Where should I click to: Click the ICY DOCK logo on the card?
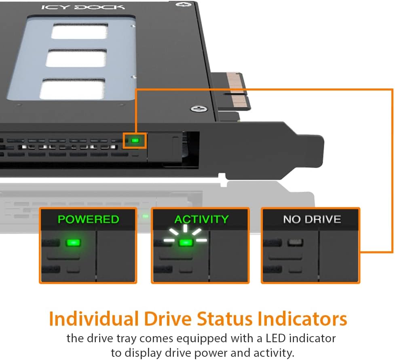pyautogui.click(x=83, y=7)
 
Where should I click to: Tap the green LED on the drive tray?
pyautogui.click(x=135, y=141)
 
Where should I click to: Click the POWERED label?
pyautogui.click(x=89, y=219)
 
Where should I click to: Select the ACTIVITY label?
pyautogui.click(x=201, y=219)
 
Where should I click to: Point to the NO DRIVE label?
pyautogui.click(x=312, y=219)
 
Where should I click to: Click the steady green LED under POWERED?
pyautogui.click(x=73, y=243)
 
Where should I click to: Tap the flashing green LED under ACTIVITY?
pyautogui.click(x=186, y=243)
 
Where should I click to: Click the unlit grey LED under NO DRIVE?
pyautogui.click(x=295, y=242)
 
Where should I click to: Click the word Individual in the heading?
pyautogui.click(x=94, y=319)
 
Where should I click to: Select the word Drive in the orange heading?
pyautogui.click(x=168, y=319)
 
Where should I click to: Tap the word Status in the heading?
pyautogui.click(x=224, y=319)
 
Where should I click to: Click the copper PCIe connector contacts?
pyautogui.click(x=238, y=89)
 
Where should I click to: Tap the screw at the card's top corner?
pyautogui.click(x=183, y=4)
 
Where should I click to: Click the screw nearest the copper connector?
pyautogui.click(x=199, y=109)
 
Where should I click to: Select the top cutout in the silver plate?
pyautogui.click(x=80, y=31)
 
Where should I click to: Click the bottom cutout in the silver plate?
pyautogui.click(x=72, y=89)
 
